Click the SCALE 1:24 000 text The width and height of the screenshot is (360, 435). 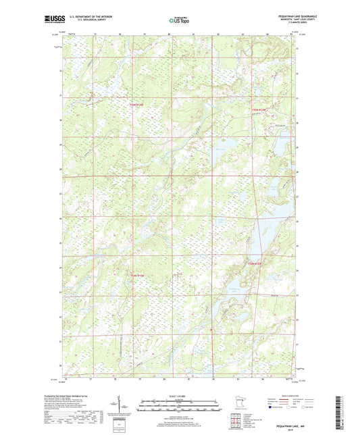(x=179, y=396)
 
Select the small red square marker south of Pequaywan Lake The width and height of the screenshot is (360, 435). (x=211, y=329)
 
